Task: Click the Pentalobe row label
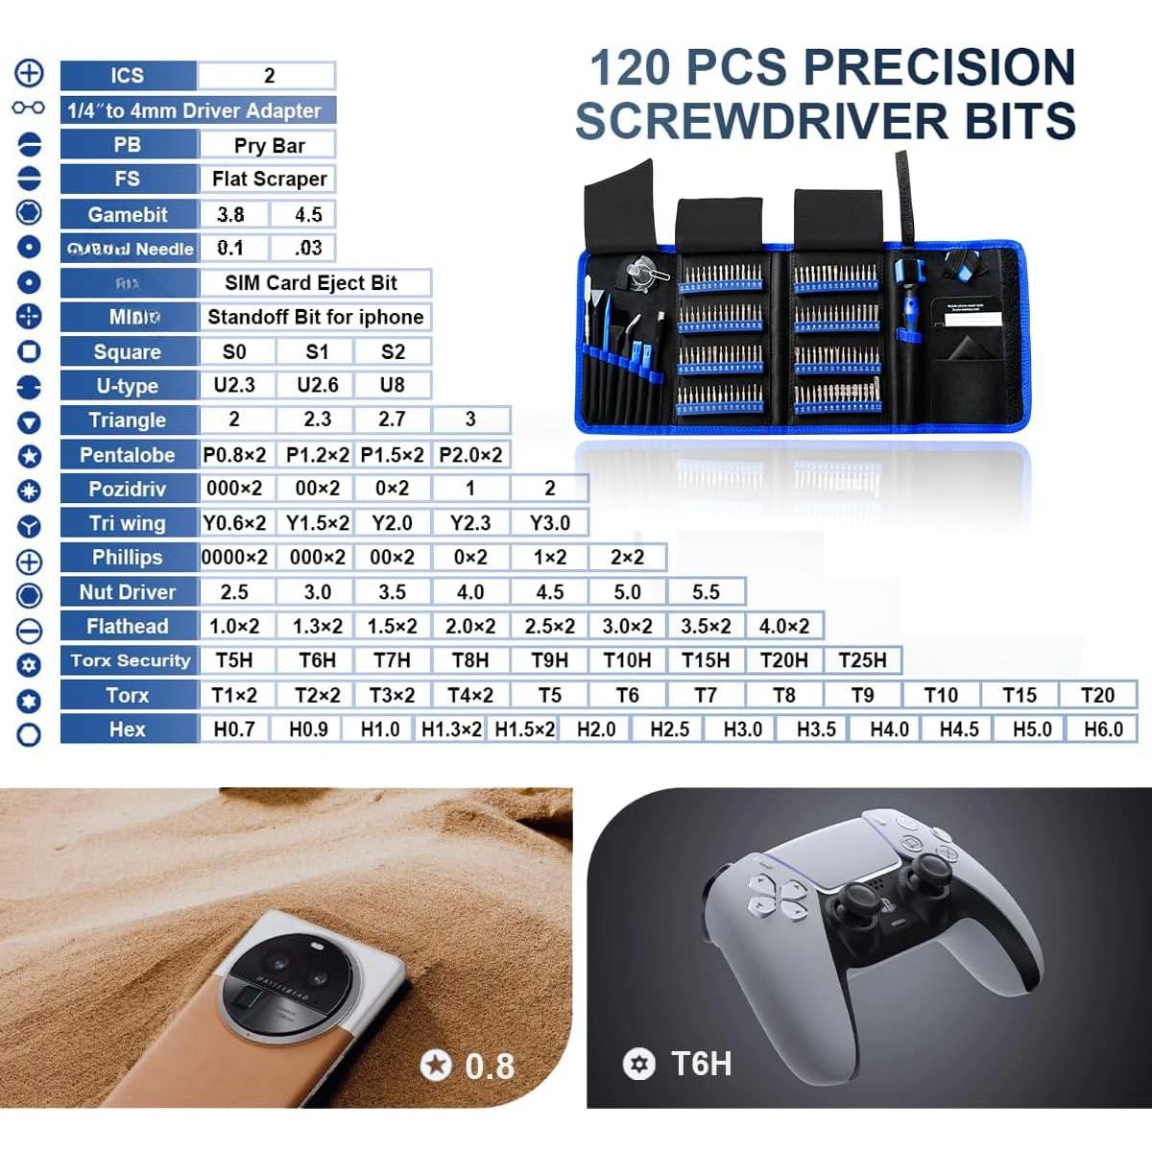pyautogui.click(x=128, y=455)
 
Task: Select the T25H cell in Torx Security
pyautogui.click(x=862, y=660)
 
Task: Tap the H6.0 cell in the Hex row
pyautogui.click(x=1103, y=730)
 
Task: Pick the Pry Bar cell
pyautogui.click(x=269, y=146)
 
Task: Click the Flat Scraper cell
pyautogui.click(x=269, y=180)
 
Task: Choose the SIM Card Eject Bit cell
pyautogui.click(x=311, y=283)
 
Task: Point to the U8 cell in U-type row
pyautogui.click(x=392, y=386)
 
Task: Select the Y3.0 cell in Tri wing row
pyautogui.click(x=549, y=523)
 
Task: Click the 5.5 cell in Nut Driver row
pyautogui.click(x=706, y=592)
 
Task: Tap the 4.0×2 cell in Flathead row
pyautogui.click(x=783, y=627)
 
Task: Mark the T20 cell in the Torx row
pyautogui.click(x=1097, y=695)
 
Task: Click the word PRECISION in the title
pyautogui.click(x=939, y=68)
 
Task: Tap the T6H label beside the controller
pyautogui.click(x=701, y=1064)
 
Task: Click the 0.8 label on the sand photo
pyautogui.click(x=489, y=1066)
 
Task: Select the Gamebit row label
pyautogui.click(x=128, y=215)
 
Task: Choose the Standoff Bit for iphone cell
pyautogui.click(x=315, y=318)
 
